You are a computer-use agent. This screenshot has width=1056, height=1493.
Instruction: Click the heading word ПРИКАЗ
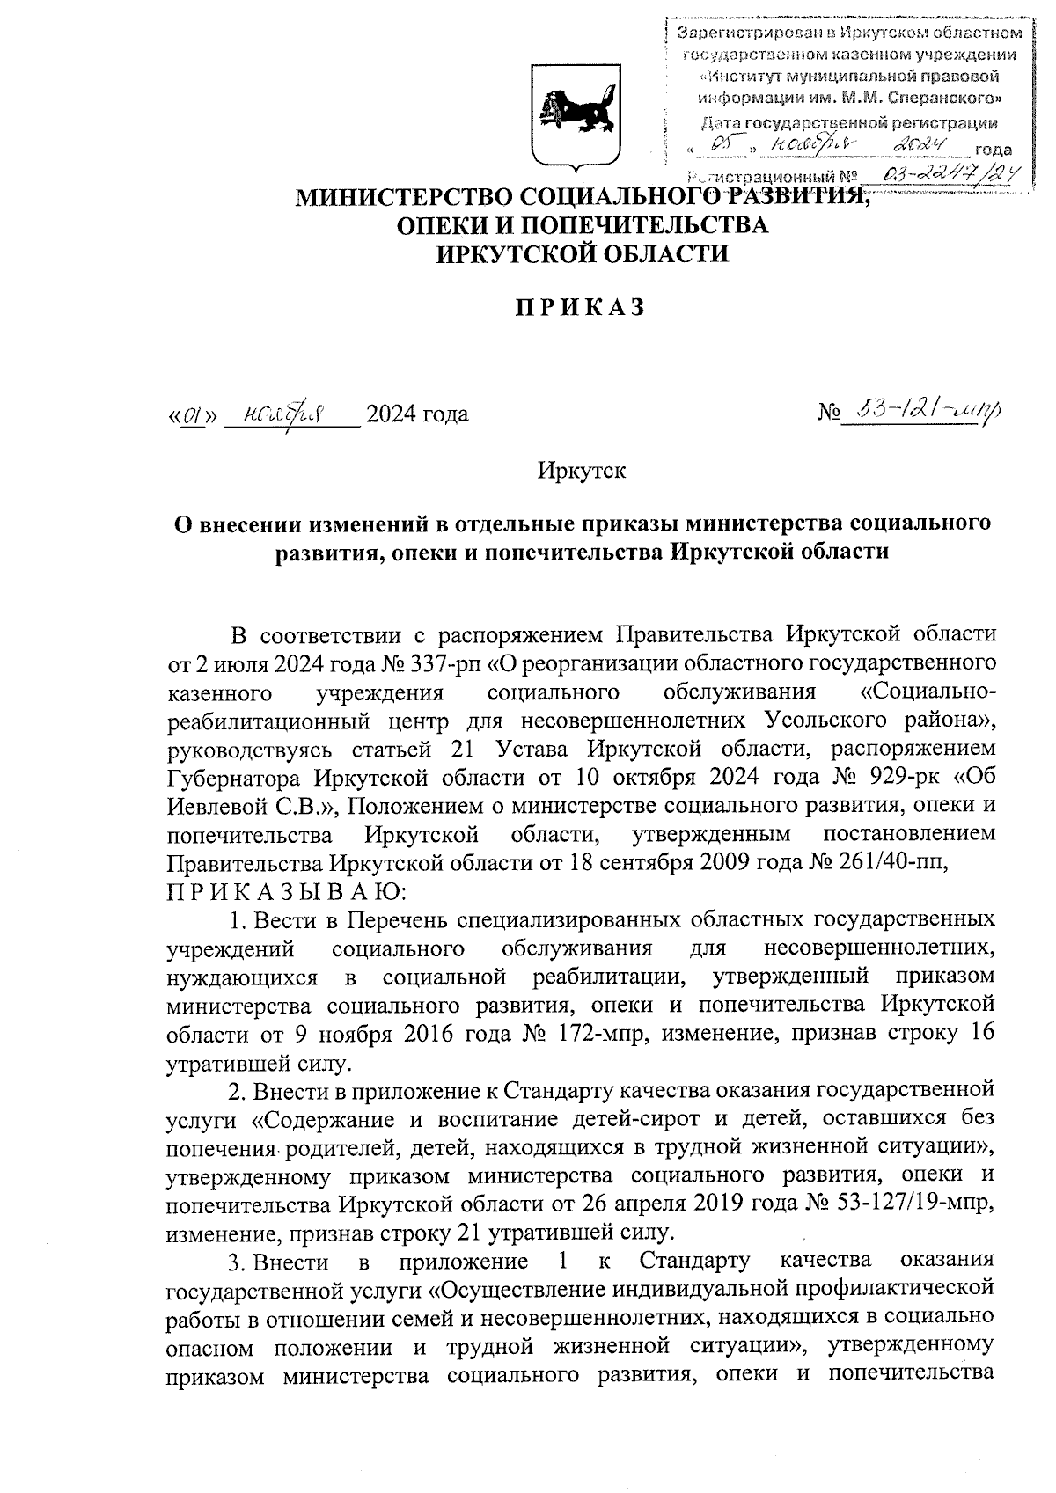coord(580,307)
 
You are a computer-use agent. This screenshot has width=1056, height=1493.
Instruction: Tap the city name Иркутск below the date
coord(582,471)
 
